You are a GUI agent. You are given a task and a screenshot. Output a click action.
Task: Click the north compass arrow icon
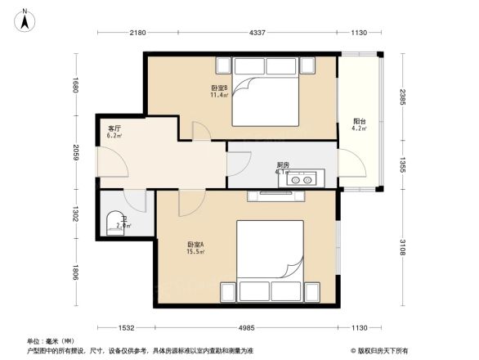(x=25, y=18)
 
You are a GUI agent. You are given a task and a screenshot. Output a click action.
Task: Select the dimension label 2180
(x=137, y=33)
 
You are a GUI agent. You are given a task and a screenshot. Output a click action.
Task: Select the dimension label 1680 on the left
(x=74, y=84)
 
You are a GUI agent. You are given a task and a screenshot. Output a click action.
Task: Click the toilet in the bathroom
(x=115, y=223)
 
